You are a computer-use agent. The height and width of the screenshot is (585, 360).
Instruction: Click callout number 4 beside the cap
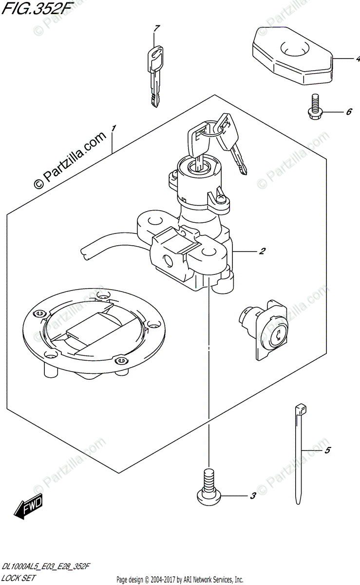coord(357,59)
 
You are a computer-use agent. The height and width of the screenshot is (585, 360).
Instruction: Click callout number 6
coord(349,112)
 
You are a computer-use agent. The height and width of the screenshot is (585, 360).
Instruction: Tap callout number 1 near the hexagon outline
coord(113,128)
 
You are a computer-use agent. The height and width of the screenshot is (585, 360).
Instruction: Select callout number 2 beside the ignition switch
coord(262,252)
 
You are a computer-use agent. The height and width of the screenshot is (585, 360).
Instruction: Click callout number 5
coord(327,450)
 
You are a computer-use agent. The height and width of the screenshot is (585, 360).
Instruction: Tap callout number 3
coord(252,497)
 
